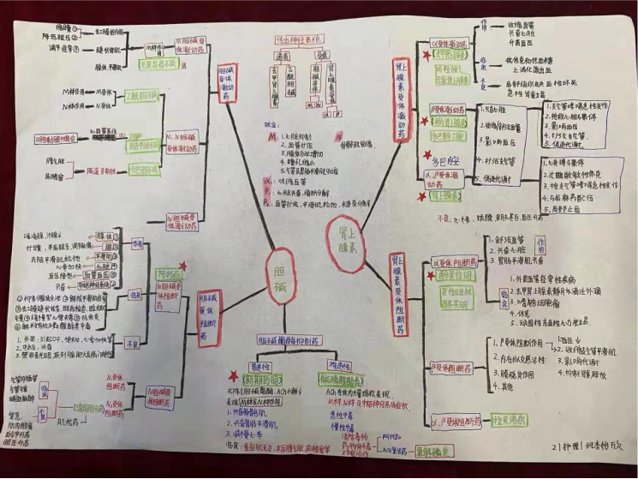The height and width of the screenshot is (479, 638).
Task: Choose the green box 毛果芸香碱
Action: pyautogui.click(x=152, y=63)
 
